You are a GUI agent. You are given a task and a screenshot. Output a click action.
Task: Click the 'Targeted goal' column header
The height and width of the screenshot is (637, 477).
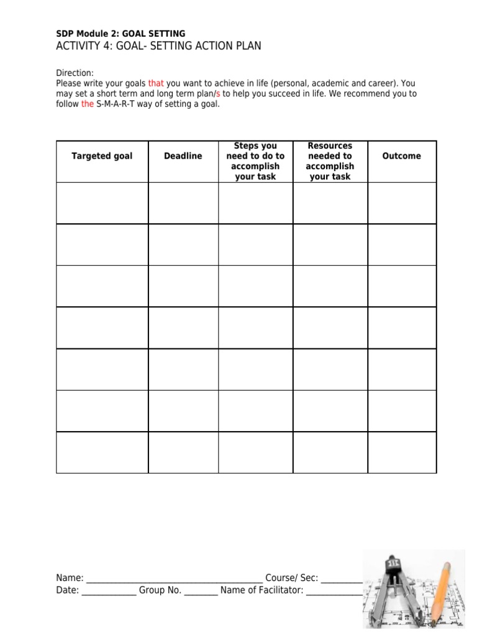102,156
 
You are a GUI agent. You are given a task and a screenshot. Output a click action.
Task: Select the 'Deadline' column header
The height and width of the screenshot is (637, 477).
183,156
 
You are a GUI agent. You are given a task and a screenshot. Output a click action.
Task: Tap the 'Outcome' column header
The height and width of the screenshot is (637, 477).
401,156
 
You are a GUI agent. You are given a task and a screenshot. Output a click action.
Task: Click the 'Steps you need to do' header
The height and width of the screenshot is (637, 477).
255,161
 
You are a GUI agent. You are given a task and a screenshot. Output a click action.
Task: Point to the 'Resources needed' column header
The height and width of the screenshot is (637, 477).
330,161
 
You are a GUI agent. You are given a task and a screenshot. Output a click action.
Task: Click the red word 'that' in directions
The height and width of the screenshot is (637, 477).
155,83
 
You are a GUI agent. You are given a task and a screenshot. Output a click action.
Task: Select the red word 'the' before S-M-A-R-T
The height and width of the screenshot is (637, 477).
88,104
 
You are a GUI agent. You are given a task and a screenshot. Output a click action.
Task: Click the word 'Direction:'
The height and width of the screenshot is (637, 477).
75,73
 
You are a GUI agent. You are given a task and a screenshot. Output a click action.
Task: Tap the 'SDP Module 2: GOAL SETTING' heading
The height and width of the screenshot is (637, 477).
120,34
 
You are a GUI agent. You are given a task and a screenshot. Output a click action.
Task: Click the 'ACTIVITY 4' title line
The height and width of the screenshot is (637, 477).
158,46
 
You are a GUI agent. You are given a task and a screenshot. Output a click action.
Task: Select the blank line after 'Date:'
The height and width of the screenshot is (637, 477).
109,592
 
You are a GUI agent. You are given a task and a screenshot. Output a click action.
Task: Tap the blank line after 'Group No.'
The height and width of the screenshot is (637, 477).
201,592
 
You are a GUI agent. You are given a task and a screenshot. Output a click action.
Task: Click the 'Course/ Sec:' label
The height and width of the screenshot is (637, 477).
291,578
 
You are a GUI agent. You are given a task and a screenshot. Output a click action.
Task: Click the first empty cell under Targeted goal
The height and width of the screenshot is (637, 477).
102,203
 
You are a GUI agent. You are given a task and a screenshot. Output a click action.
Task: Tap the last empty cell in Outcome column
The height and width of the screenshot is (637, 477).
401,452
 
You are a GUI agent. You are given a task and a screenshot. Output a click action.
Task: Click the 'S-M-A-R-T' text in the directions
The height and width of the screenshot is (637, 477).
118,104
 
